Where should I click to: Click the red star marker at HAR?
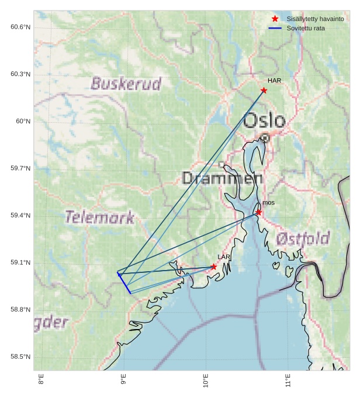[x=264, y=90]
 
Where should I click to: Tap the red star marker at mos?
[x=258, y=212]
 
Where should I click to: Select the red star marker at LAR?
[x=213, y=267]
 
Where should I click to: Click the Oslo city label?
[x=264, y=121]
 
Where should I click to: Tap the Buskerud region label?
[x=126, y=84]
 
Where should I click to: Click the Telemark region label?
[x=100, y=218]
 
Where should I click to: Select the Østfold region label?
[x=303, y=238]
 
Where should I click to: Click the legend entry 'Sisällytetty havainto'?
[x=315, y=19]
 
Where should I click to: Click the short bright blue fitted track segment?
[x=124, y=283]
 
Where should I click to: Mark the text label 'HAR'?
[x=274, y=81]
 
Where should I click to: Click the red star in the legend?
[x=275, y=19]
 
